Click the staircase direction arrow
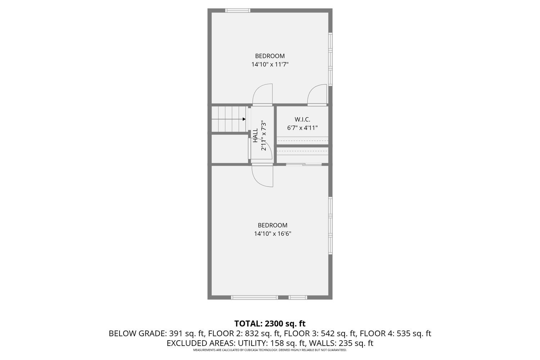[x=244, y=119]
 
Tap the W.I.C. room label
[x=302, y=119]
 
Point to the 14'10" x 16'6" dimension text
[x=273, y=234]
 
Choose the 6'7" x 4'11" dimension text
[x=302, y=127]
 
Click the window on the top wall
[x=238, y=10]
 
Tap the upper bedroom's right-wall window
[x=330, y=59]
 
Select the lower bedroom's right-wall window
[x=330, y=226]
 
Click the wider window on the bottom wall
[x=255, y=297]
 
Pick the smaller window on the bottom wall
[x=298, y=297]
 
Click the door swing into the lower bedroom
[x=263, y=176]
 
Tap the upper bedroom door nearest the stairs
[x=262, y=95]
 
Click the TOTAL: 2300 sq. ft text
[x=270, y=323]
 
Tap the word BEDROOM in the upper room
[x=270, y=56]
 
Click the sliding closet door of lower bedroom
[x=304, y=165]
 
